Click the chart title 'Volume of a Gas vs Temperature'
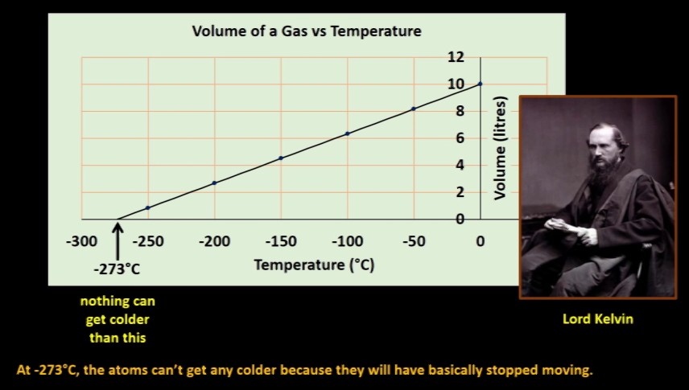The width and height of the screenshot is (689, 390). (x=307, y=31)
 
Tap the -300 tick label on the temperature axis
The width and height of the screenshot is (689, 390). (x=82, y=241)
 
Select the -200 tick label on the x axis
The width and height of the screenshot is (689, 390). (x=214, y=241)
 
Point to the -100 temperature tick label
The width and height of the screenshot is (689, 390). (x=347, y=241)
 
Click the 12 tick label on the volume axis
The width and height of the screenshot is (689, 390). (x=456, y=56)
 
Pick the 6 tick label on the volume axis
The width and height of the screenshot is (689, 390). (x=460, y=138)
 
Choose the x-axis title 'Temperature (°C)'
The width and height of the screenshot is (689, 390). (x=314, y=265)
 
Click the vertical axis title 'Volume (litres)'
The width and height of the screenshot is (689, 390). (x=500, y=148)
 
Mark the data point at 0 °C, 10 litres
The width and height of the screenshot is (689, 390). (x=480, y=84)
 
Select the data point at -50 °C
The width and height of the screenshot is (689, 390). (x=414, y=109)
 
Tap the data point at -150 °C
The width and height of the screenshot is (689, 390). (x=281, y=158)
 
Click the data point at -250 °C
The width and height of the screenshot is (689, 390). (x=148, y=207)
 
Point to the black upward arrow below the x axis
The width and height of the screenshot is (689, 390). (x=118, y=241)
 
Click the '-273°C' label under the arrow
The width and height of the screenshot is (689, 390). (x=117, y=269)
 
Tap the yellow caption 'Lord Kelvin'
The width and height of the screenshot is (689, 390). (x=598, y=319)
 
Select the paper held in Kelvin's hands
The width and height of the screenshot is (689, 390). (x=562, y=225)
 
